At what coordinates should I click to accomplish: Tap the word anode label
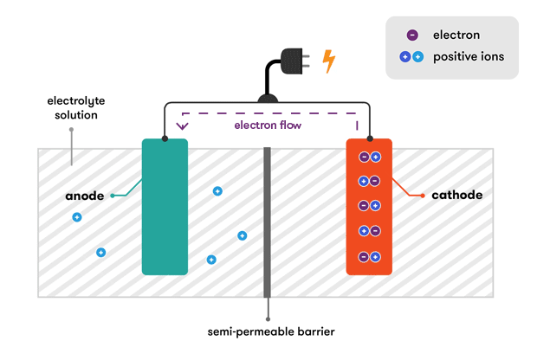85,196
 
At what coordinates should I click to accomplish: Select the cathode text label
456,196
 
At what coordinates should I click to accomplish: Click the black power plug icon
293,63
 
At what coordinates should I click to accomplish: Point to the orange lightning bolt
329,61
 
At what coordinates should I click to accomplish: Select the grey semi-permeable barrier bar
268,221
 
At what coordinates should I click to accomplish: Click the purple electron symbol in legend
412,35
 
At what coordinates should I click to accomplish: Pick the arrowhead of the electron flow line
181,127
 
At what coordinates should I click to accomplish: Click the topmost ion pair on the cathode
369,157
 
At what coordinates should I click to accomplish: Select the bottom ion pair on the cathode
369,256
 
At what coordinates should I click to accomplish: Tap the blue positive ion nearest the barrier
242,235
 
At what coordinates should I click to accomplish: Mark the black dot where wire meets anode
165,138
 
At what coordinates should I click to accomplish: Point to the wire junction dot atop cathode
370,138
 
